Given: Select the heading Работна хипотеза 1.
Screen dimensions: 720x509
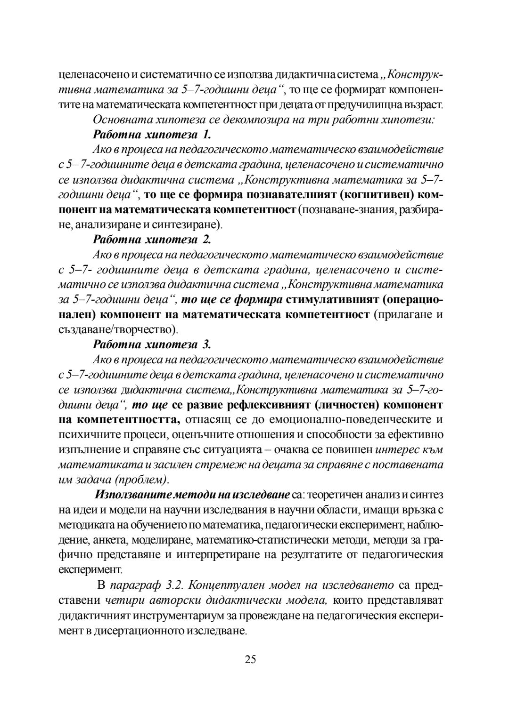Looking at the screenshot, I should click(152, 135).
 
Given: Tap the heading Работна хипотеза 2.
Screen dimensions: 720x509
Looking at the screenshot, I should click(152, 240).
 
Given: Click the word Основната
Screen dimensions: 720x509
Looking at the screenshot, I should click(120, 120).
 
